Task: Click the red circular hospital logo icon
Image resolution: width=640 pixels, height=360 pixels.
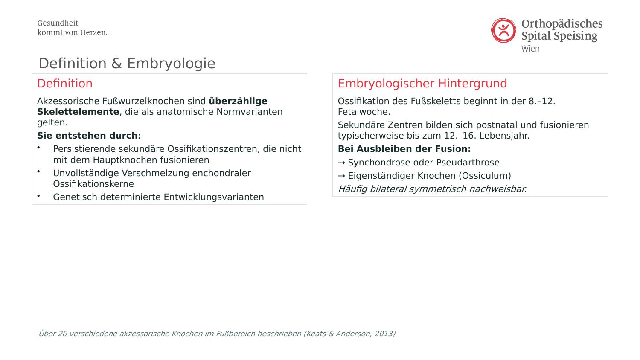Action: (503, 30)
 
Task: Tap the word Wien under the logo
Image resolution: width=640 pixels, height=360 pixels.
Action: (530, 49)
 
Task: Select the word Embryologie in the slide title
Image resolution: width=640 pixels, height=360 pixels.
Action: (171, 64)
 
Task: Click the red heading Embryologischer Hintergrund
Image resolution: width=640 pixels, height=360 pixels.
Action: (422, 84)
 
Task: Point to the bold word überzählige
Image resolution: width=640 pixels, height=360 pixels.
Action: (238, 101)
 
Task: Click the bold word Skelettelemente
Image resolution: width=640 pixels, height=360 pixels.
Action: (78, 112)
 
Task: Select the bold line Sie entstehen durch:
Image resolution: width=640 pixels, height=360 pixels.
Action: (89, 136)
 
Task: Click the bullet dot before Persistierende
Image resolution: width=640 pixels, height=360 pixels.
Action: (38, 148)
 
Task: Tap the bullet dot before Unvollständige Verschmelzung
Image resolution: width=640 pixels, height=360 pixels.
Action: (38, 171)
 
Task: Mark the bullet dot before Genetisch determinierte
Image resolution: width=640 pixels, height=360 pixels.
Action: (38, 195)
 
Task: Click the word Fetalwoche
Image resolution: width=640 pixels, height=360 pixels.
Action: (364, 112)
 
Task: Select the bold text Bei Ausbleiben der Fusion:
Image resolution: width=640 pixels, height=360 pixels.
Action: (404, 149)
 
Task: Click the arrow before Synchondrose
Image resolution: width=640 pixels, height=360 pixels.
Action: (341, 163)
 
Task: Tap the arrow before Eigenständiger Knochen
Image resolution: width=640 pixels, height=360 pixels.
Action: (341, 176)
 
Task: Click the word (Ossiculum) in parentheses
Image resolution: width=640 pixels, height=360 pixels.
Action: (485, 176)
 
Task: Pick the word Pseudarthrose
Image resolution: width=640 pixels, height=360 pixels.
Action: (468, 163)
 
